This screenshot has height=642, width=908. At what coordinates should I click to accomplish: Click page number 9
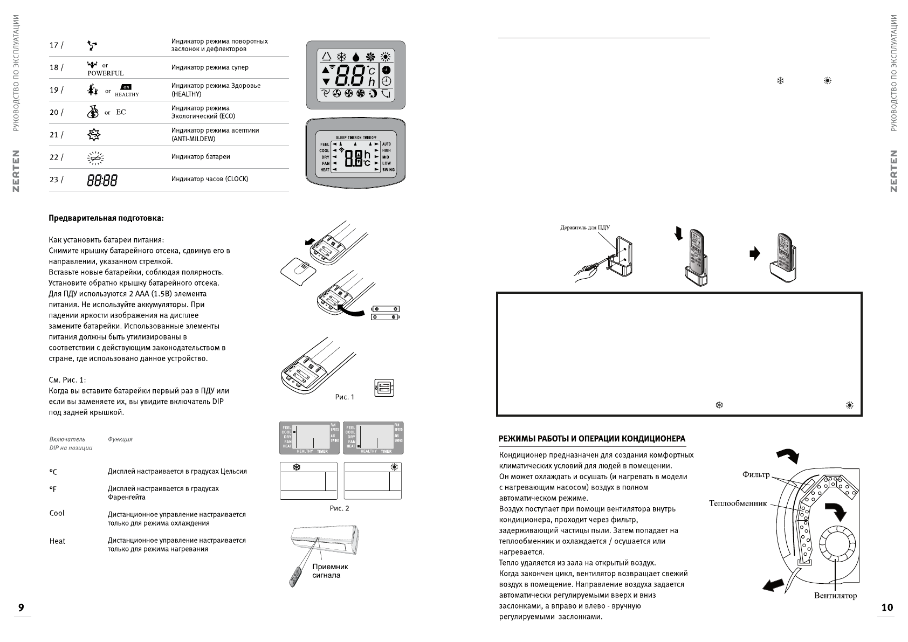point(21,608)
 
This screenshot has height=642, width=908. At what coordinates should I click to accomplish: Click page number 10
point(887,608)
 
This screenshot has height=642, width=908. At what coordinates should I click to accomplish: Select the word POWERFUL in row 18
point(106,73)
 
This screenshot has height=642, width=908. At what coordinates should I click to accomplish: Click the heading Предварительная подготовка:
point(106,218)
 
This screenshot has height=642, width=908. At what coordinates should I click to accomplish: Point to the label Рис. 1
point(345,397)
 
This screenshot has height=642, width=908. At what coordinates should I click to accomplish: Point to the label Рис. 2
point(339,508)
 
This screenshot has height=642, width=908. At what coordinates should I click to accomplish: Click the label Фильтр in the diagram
point(756,475)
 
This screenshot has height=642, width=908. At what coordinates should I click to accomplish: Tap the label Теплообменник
point(738,503)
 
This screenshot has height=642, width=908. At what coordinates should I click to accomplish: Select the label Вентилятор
point(835,596)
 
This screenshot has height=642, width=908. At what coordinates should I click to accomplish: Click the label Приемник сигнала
point(330,571)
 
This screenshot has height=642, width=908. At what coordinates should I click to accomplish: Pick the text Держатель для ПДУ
point(585,227)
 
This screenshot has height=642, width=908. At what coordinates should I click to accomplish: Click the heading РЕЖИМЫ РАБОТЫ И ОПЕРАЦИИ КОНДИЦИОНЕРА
point(592,439)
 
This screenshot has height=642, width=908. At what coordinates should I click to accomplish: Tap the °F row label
point(53,489)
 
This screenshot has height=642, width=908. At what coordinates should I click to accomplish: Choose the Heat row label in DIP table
point(57,541)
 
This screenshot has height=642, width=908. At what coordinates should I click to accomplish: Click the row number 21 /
point(56,135)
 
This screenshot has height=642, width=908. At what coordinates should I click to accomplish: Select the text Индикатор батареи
point(201,157)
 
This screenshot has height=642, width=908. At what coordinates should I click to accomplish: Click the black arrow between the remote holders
point(755,253)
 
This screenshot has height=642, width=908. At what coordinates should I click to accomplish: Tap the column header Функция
point(120,439)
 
